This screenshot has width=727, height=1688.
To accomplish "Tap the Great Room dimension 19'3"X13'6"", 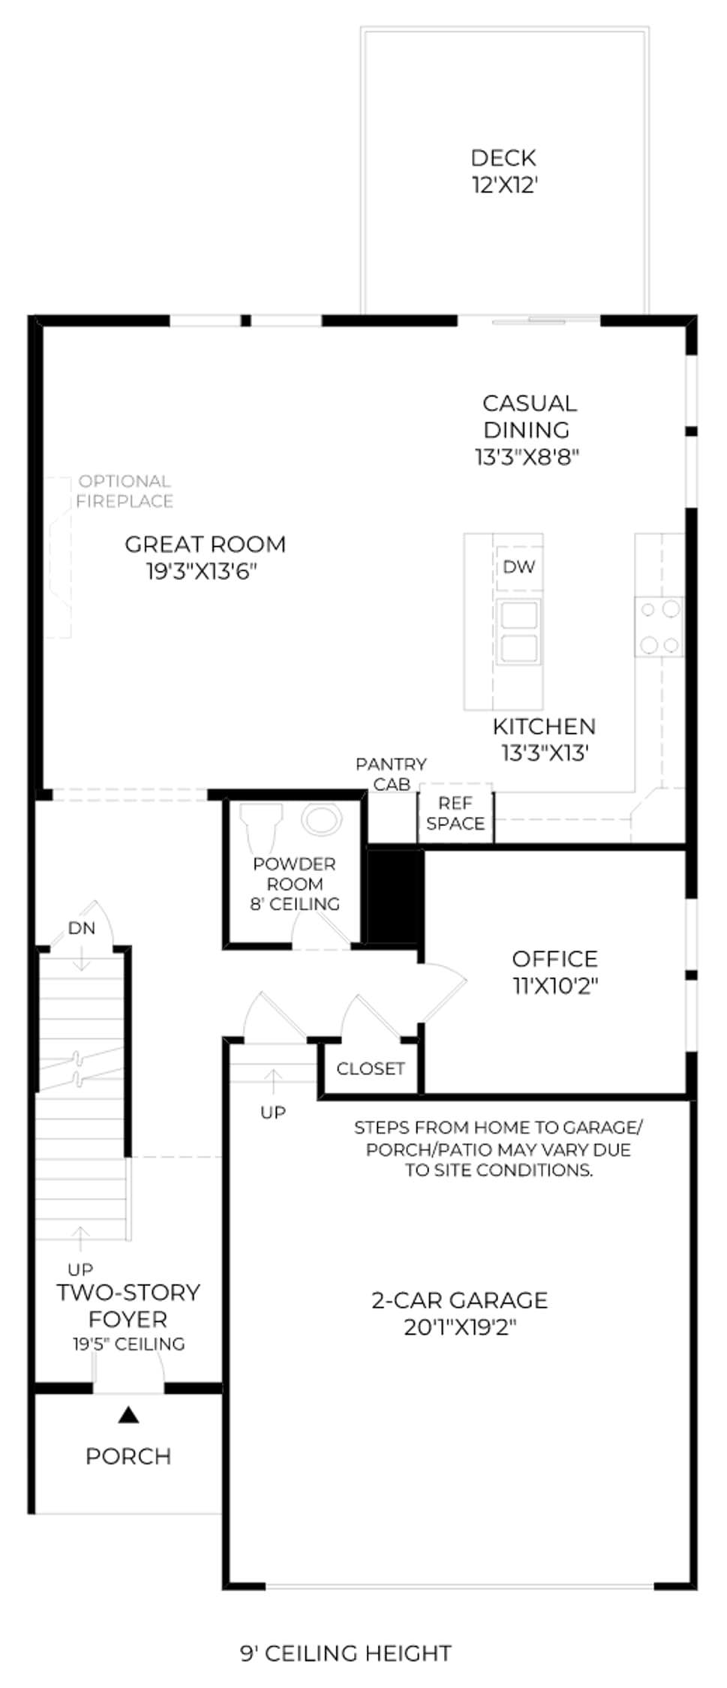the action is tap(202, 572).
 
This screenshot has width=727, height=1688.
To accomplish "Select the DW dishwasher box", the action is tap(519, 567).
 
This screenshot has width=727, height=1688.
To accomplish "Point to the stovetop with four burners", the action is tap(659, 626).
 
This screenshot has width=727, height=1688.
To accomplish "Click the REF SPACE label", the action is tap(455, 813).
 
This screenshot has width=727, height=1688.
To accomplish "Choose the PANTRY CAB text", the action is tap(391, 774).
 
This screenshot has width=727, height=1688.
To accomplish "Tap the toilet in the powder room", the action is tap(260, 828).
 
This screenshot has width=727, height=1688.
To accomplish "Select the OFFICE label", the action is tap(555, 959).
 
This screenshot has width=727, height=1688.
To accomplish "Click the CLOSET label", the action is tap(371, 1068).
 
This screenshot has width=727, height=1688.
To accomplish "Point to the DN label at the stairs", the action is tap(82, 929).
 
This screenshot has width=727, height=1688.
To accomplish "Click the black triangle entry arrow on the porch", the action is tap(129, 1415).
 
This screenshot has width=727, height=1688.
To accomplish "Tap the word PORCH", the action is tap(128, 1456).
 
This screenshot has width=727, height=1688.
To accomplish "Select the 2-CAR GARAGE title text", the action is tap(460, 1300).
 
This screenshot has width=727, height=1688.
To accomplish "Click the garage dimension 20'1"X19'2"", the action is tap(461, 1327).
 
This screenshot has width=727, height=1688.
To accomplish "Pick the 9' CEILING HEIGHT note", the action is tap(346, 1653).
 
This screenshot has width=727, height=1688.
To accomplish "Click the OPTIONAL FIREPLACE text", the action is tap(125, 491).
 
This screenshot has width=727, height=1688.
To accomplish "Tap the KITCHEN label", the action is tap(544, 726).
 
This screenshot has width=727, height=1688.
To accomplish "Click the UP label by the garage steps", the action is tap(273, 1113).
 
